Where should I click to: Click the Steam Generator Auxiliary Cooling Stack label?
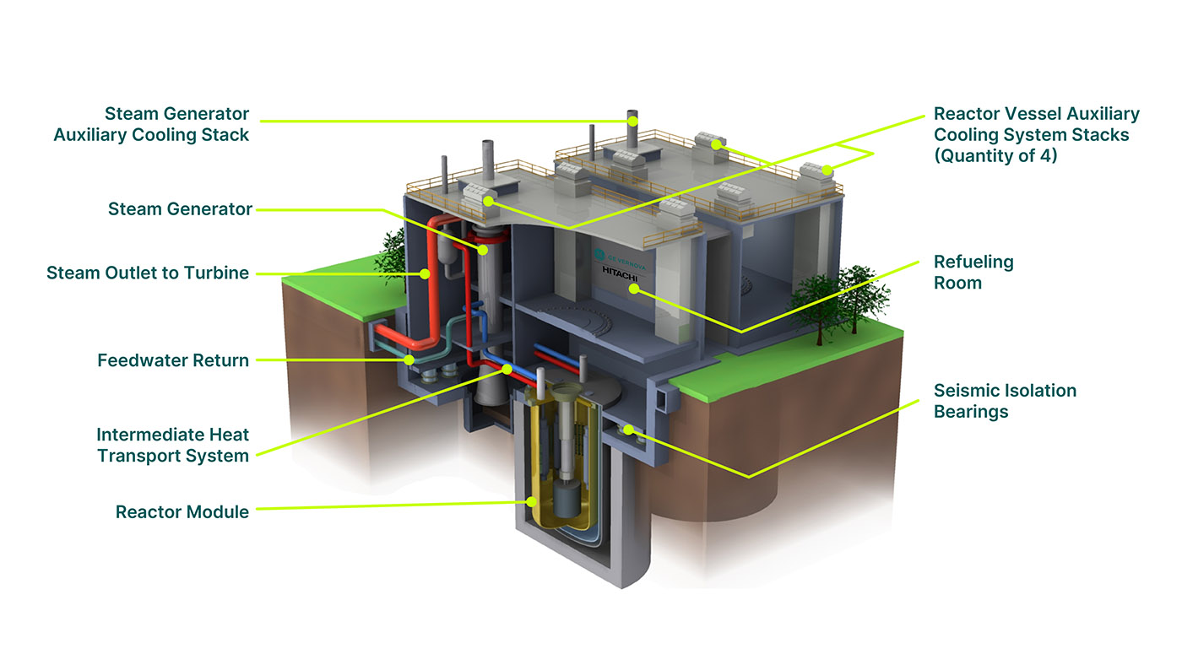tap(152, 124)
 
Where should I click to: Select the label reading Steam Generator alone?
tap(180, 209)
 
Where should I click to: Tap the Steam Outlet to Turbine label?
tap(148, 273)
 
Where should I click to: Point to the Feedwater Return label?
tap(173, 360)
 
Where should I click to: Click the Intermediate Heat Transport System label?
tap(172, 446)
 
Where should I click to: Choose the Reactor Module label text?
tap(182, 511)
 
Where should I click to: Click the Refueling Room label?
tap(973, 272)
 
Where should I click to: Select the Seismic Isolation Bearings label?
tap(1004, 401)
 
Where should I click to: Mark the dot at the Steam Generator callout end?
tap(483, 249)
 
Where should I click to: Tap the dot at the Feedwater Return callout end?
tap(409, 360)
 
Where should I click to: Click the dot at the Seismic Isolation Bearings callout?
tap(632, 431)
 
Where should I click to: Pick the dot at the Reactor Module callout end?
tap(532, 502)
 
